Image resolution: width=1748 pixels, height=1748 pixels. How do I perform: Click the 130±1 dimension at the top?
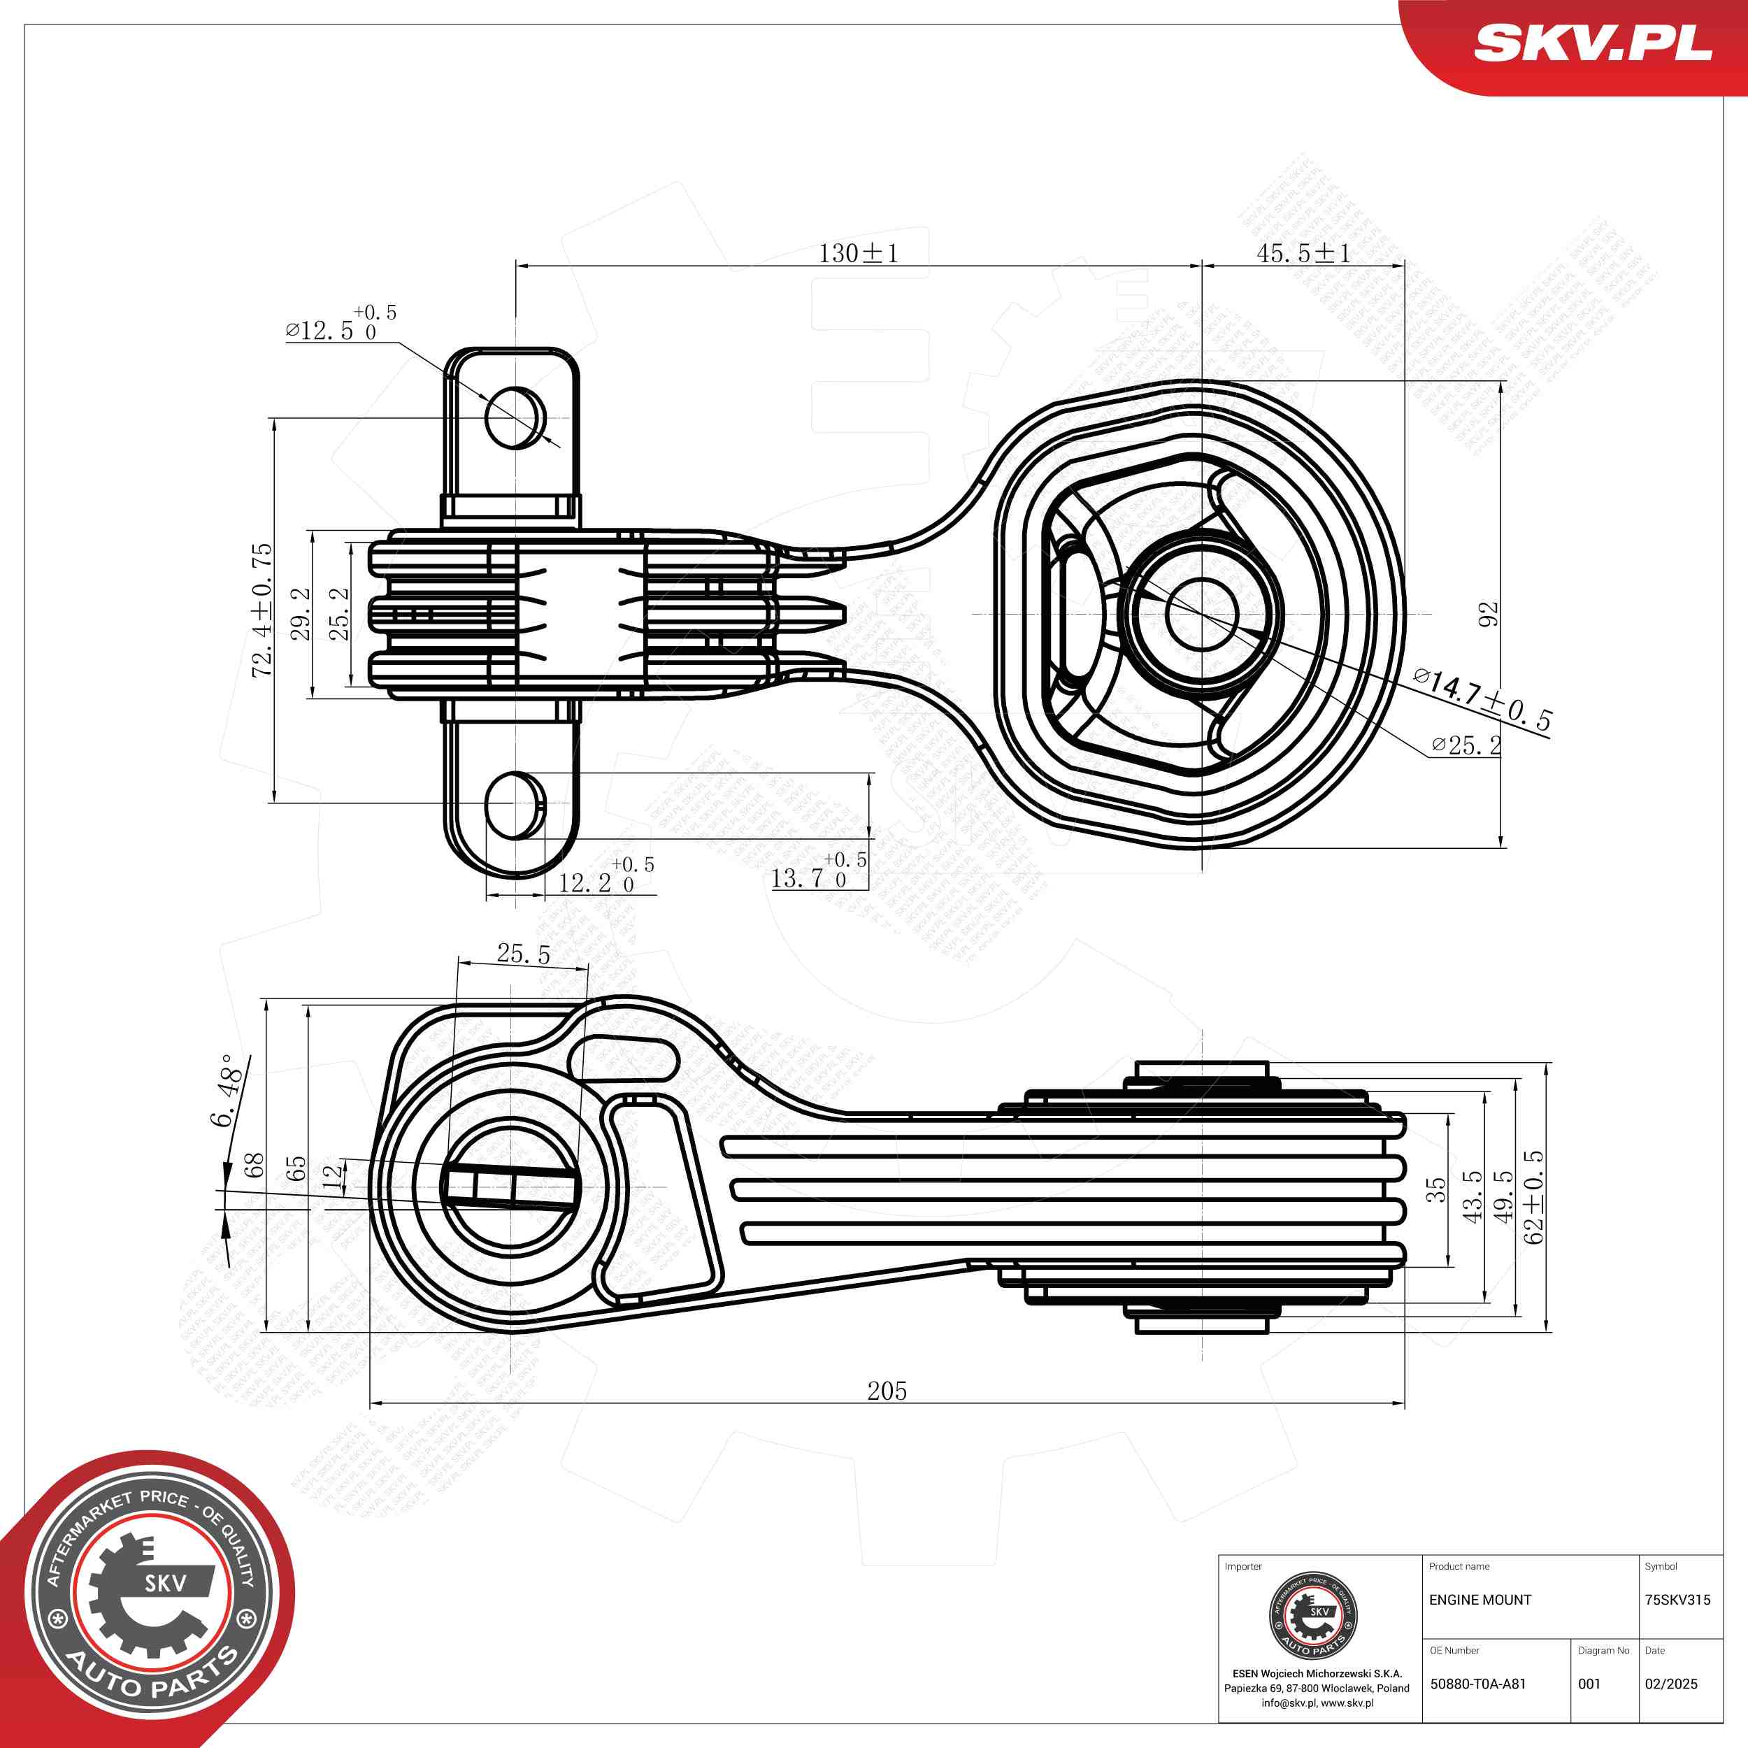pos(858,253)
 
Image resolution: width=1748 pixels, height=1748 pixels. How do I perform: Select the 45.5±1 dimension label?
pos(1303,253)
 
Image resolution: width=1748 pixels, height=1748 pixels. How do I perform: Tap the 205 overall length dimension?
pos(887,1391)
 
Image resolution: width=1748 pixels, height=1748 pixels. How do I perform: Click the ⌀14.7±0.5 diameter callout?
pos(1484,702)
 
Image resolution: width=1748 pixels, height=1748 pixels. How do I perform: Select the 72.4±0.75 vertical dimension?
pos(262,610)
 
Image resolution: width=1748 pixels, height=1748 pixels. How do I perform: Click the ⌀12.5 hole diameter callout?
pos(339,326)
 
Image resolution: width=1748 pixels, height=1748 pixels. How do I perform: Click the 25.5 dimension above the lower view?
pos(523,954)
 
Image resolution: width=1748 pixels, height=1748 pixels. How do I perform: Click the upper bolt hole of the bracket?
pos(515,417)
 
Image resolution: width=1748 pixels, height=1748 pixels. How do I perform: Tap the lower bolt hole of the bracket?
pos(515,804)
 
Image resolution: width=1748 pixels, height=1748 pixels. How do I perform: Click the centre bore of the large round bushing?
pos(1201,612)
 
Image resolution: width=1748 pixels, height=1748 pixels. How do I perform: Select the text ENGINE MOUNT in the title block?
pos(1480,1600)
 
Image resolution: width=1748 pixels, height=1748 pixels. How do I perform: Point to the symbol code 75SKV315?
pos(1677,1600)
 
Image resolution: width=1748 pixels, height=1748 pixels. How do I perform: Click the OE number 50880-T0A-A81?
pos(1477,1684)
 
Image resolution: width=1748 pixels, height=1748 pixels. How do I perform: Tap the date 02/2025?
pos(1671,1684)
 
